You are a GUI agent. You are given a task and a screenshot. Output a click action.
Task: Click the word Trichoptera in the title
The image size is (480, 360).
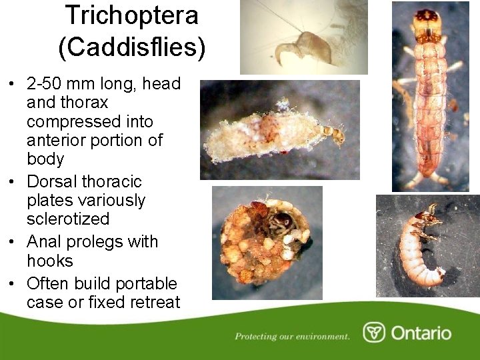[x=131, y=15]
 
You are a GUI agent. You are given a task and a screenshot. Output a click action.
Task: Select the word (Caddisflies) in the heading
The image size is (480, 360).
[x=131, y=47]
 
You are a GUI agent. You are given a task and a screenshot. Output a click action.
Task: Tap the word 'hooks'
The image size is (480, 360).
[x=50, y=261]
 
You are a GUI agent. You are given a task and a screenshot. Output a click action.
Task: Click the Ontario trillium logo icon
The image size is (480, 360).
[x=374, y=333]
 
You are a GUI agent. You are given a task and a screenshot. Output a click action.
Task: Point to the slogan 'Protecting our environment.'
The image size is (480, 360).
[x=292, y=336]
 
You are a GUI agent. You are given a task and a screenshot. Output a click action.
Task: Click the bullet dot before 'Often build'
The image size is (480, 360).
[x=13, y=284]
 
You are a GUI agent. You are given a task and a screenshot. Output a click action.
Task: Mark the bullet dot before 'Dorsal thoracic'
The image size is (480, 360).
[x=13, y=182]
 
